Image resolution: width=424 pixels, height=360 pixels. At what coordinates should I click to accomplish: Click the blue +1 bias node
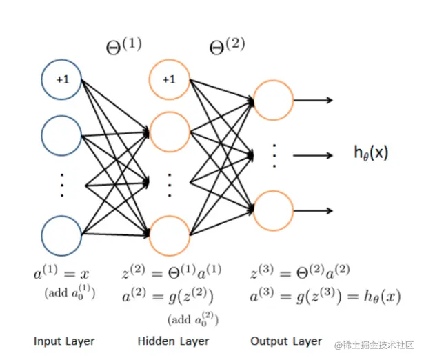click(x=62, y=79)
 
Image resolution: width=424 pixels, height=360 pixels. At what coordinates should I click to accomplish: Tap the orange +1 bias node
click(x=169, y=79)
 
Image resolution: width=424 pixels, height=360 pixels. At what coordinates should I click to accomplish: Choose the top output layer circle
click(x=274, y=101)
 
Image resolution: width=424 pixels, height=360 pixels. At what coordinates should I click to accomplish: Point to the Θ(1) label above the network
click(x=123, y=48)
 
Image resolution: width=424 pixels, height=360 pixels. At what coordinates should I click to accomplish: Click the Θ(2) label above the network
click(x=227, y=48)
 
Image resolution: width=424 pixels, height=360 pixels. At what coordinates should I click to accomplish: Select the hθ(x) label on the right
click(x=371, y=153)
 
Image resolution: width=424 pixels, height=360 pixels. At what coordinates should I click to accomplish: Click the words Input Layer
click(x=64, y=341)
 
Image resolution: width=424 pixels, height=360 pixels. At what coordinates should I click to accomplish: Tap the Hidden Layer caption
click(x=173, y=341)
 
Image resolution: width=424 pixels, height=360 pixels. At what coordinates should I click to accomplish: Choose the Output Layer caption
click(x=286, y=341)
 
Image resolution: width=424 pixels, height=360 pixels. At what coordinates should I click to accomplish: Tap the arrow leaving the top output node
click(x=314, y=101)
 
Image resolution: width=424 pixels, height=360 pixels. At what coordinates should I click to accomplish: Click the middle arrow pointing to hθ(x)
click(x=314, y=155)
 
